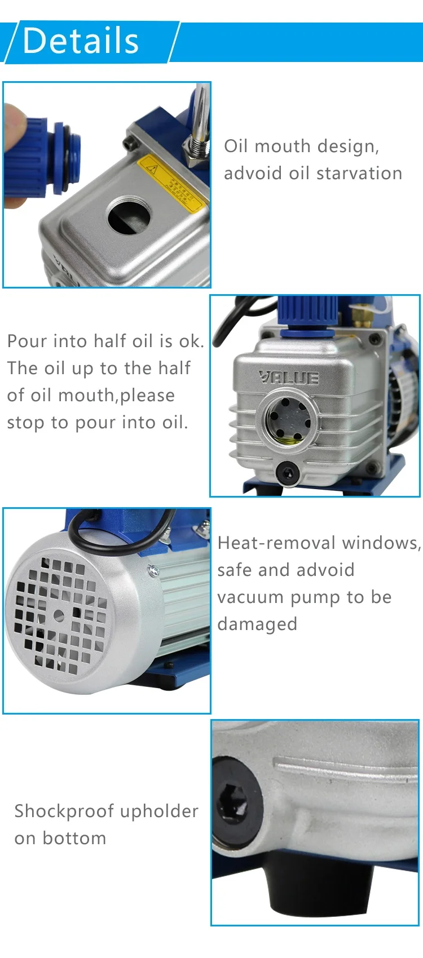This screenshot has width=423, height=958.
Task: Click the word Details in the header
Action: tap(81, 41)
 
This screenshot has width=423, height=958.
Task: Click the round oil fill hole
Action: tap(129, 215)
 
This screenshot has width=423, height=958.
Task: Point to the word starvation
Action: tap(359, 173)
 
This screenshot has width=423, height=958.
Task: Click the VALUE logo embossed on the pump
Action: tap(289, 377)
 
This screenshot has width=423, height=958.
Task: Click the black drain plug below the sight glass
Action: tap(287, 473)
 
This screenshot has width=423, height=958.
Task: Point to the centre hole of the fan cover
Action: tap(59, 615)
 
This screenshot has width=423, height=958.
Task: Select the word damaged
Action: tap(257, 624)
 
